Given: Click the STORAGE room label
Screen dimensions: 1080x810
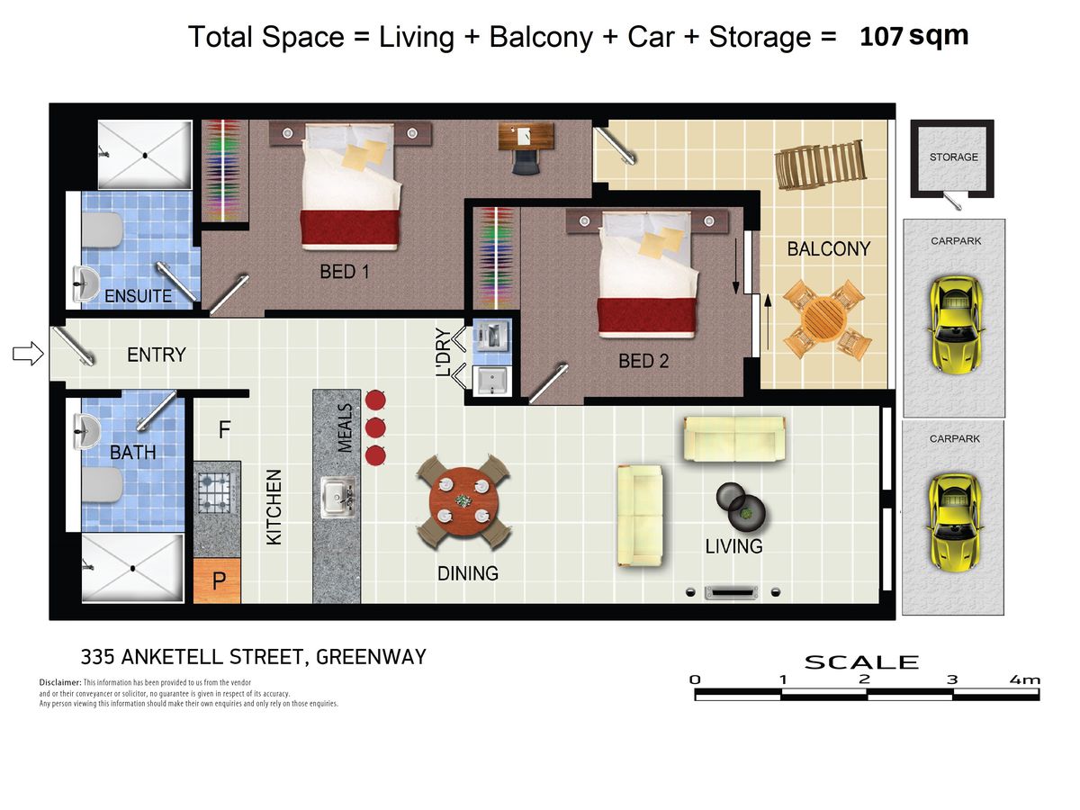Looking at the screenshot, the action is pos(953,157).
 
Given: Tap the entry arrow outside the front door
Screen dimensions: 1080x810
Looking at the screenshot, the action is pos(28,353).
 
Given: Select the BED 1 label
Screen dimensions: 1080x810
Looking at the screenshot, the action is pos(345,272).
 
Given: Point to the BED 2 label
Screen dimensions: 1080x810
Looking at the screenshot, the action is pos(643,361).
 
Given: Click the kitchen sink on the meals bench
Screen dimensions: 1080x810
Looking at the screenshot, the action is pos(338,497).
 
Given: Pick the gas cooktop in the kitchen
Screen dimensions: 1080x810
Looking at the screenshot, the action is pos(214,492).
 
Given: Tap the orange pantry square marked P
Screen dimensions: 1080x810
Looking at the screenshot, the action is pos(217,580).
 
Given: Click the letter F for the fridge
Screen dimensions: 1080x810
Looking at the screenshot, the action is pos(224,429).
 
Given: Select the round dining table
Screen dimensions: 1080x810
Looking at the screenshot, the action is pos(463,501).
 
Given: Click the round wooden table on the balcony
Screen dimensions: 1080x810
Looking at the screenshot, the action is pos(823,319).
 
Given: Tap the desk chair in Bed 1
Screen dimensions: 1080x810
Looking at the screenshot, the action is pos(526,161).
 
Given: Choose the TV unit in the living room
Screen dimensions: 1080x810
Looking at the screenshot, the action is pos(733,592).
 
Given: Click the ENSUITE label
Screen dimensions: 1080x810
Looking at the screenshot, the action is pos(139,296).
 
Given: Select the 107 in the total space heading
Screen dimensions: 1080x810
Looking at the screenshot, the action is pos(881,37).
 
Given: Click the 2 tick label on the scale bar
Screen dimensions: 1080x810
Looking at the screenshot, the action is pos(865,679).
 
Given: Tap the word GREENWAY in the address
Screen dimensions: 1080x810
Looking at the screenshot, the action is pos(371,657).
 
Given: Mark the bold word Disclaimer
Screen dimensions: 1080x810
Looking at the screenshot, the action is pos(60,682).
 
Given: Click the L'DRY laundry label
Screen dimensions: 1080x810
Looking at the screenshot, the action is pos(444,352).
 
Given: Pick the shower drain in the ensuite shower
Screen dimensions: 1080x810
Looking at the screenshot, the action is pos(145,156).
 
